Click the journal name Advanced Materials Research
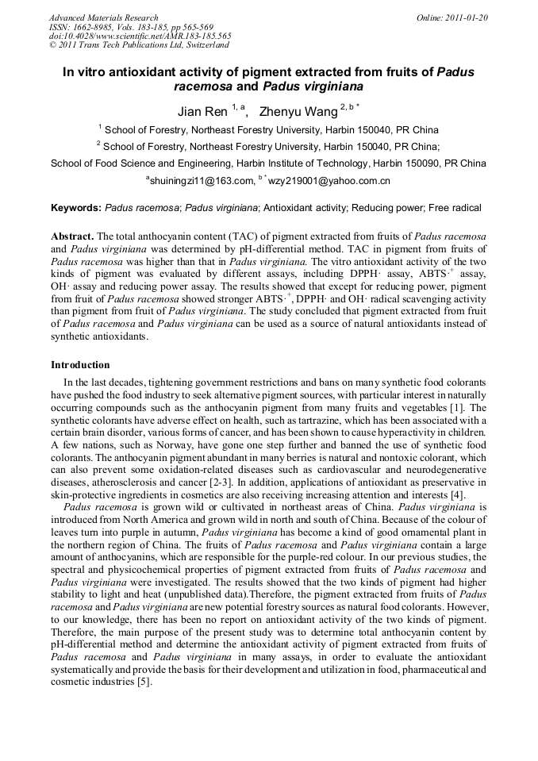click(x=103, y=17)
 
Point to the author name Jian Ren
click(x=202, y=111)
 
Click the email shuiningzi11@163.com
click(x=198, y=182)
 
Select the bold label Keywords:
click(x=76, y=208)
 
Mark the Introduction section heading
click(x=80, y=365)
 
